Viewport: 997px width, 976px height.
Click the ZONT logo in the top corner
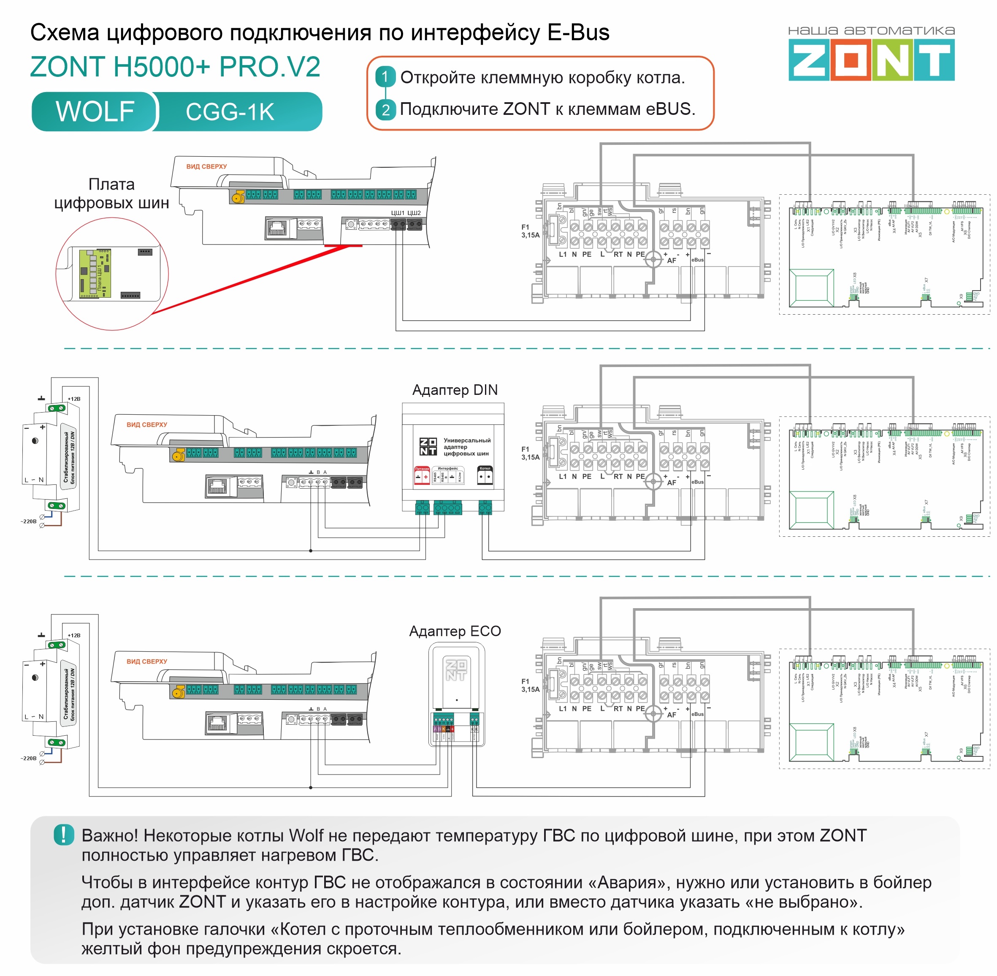click(870, 60)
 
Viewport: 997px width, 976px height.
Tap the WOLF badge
click(95, 111)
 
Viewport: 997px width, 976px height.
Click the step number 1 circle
click(385, 77)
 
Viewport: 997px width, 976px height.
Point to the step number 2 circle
click(385, 109)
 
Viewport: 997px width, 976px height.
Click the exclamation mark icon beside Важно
click(64, 835)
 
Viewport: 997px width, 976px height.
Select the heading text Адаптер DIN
click(455, 390)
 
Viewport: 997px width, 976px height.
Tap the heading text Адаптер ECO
click(455, 631)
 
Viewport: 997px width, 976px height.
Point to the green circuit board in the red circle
click(95, 273)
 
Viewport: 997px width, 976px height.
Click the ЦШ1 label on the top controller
click(398, 213)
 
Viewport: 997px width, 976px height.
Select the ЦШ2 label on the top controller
click(414, 213)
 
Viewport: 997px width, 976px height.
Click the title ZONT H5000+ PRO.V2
click(175, 67)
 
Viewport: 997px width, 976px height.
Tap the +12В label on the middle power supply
click(74, 399)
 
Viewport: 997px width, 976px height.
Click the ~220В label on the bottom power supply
click(29, 758)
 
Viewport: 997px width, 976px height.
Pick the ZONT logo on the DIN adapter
click(428, 446)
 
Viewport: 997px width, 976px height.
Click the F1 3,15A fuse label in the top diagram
click(530, 231)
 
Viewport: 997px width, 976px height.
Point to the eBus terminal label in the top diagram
click(697, 260)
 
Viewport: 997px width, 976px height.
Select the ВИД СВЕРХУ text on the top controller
click(206, 166)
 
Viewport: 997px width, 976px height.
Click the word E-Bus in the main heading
click(578, 32)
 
